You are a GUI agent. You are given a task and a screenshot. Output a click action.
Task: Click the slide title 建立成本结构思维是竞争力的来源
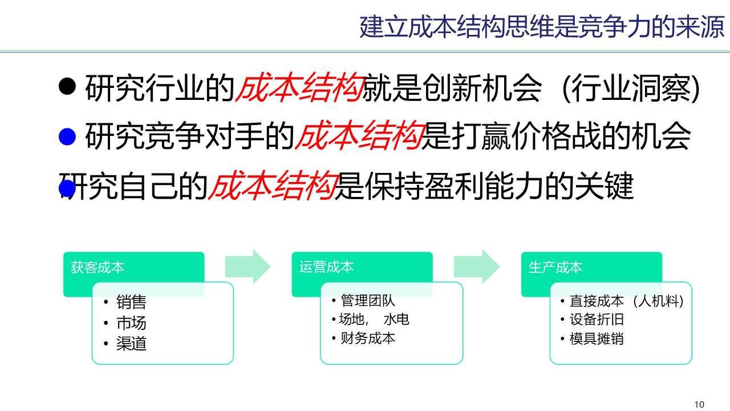pos(541,27)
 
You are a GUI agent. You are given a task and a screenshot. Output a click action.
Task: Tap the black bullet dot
pos(67,86)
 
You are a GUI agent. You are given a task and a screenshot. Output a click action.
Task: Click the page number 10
pos(699,405)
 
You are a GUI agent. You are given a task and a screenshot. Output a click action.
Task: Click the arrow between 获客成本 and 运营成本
pos(248,266)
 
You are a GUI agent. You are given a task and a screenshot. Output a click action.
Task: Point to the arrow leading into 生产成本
pos(477,266)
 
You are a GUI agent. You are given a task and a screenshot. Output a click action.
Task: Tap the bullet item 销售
pos(131,302)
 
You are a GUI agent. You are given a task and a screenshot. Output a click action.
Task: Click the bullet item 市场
pos(131,323)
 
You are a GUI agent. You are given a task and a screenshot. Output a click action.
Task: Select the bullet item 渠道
pos(131,344)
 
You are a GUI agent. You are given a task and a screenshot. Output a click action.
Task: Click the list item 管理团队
pos(367,300)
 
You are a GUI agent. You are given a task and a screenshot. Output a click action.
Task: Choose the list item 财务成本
pos(367,338)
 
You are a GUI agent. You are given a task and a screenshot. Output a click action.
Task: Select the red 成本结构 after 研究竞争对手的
pos(359,136)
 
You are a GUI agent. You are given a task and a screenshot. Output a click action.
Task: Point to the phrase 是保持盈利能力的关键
pos(484,186)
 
